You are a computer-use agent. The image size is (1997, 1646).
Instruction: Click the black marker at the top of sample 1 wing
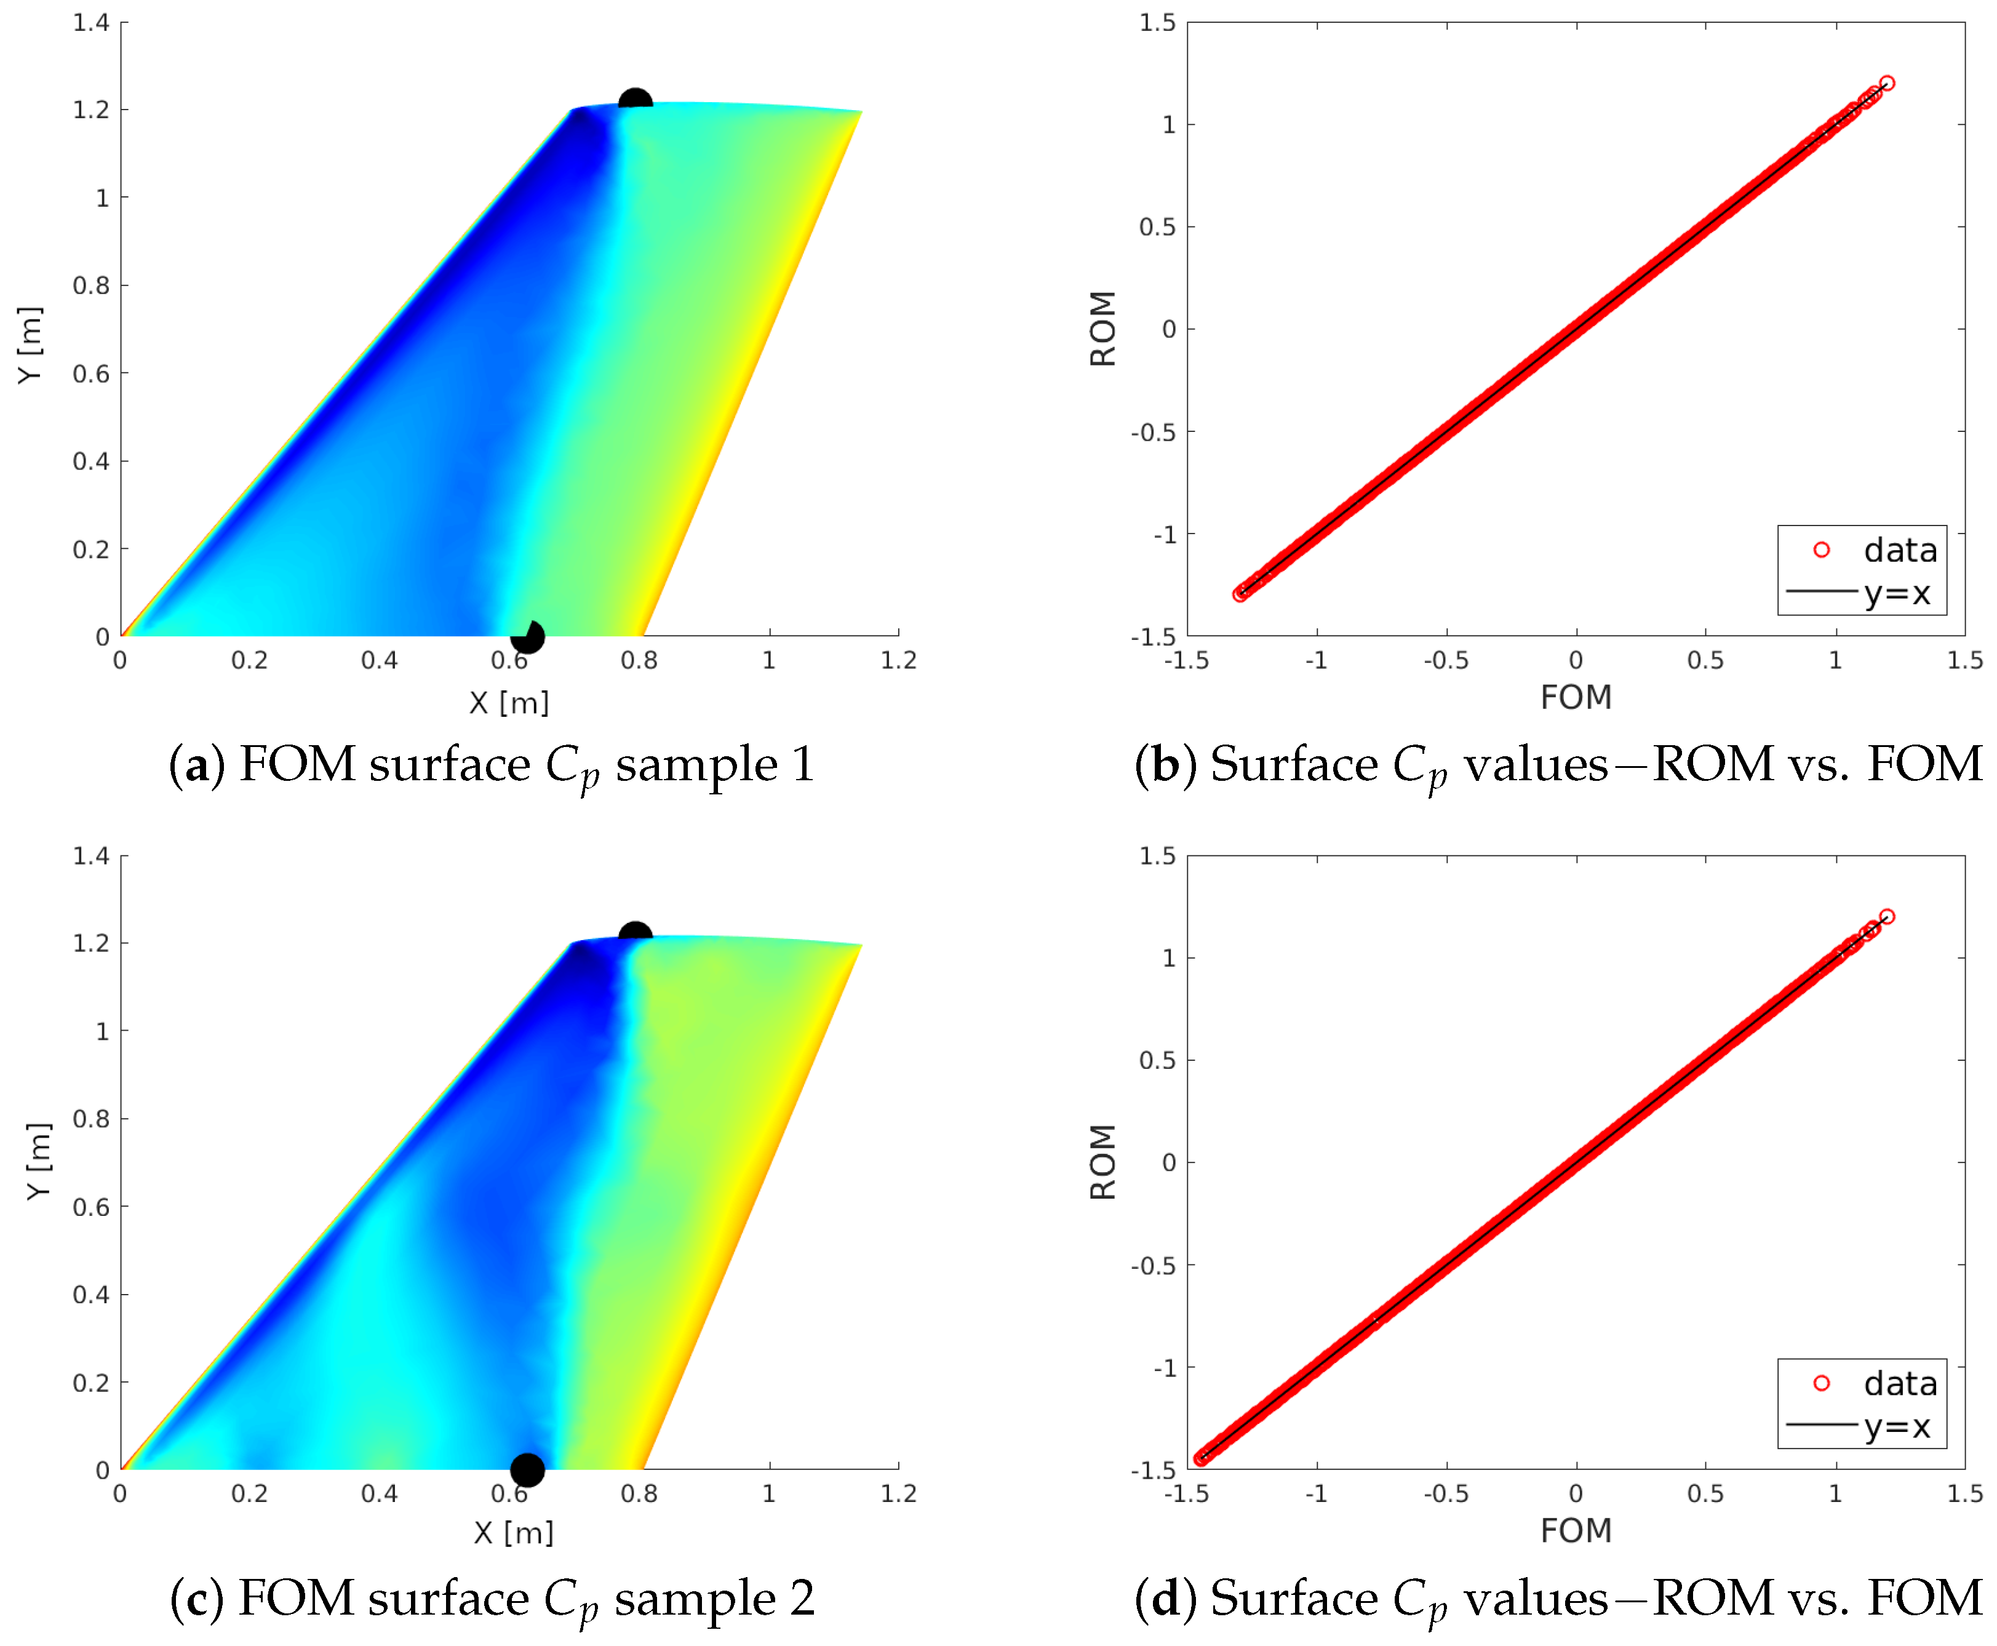tap(634, 100)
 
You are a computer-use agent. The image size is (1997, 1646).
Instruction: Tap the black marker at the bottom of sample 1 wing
tap(527, 636)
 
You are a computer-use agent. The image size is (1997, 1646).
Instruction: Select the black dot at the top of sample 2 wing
tap(634, 935)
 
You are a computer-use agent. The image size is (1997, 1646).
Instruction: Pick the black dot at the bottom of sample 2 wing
tap(527, 1469)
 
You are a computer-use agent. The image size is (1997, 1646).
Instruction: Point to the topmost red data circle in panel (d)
tap(1886, 917)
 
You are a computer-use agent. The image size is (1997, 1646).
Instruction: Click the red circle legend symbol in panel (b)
tap(1820, 550)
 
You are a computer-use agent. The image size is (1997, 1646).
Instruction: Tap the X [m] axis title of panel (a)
tap(509, 703)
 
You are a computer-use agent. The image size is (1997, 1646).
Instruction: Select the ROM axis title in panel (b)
tap(1102, 329)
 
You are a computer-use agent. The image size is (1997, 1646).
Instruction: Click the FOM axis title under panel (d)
tap(1575, 1530)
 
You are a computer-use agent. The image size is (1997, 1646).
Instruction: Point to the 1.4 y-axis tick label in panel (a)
tap(91, 23)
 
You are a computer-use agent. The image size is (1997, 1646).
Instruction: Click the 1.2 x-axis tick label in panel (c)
tap(898, 1494)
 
